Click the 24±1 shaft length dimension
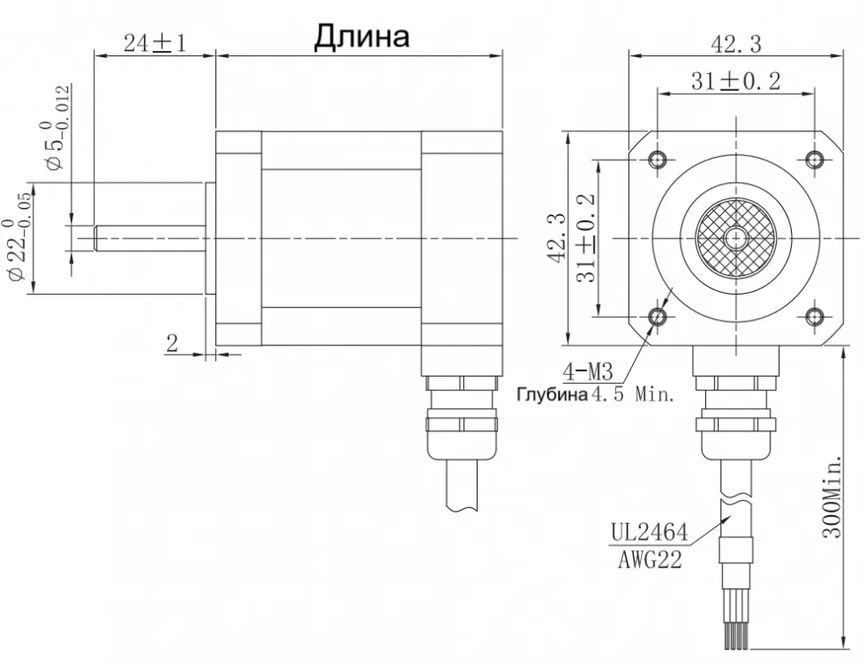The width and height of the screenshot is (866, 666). (154, 44)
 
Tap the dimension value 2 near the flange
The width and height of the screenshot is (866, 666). (172, 344)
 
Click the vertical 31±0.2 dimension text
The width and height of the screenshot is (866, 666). (587, 237)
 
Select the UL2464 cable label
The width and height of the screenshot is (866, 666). (649, 534)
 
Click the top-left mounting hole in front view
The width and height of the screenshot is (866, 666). (659, 160)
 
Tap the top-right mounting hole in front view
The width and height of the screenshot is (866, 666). (814, 160)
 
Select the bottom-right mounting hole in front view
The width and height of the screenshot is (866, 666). (814, 316)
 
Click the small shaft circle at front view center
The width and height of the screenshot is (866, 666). (737, 238)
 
